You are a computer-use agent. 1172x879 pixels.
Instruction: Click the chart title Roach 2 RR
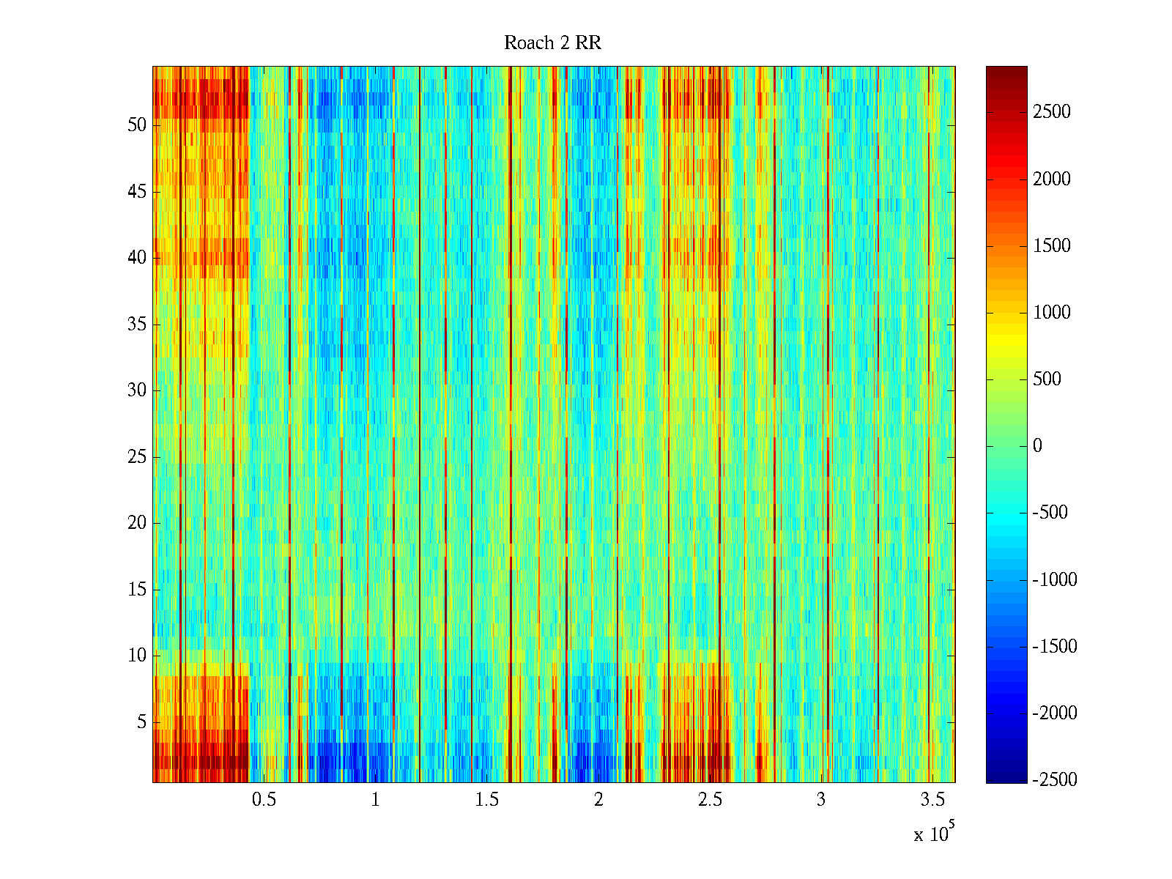(x=552, y=43)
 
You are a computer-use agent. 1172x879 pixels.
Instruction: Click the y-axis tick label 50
(x=137, y=125)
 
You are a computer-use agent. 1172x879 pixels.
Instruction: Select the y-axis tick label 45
(x=137, y=192)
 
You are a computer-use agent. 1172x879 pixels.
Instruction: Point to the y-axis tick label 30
(x=137, y=390)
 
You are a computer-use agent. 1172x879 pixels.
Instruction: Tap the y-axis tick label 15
(x=137, y=590)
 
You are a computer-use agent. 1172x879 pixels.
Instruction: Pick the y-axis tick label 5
(x=141, y=722)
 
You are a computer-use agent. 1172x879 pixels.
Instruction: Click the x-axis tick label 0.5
(x=264, y=800)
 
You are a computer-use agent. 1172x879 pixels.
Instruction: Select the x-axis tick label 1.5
(x=487, y=800)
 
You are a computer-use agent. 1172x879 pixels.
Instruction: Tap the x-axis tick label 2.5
(x=710, y=800)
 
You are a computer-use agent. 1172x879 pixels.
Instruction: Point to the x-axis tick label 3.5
(x=932, y=800)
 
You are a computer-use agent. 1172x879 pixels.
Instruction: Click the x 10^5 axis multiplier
(x=933, y=834)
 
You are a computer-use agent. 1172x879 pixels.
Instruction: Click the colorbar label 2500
(x=1052, y=112)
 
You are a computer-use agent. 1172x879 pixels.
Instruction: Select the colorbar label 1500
(x=1052, y=246)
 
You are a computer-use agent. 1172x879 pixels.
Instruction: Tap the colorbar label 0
(x=1037, y=446)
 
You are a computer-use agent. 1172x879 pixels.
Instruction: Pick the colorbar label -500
(x=1050, y=513)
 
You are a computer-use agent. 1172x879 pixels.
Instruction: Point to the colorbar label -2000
(x=1055, y=713)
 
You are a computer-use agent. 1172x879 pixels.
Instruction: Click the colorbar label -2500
(x=1055, y=779)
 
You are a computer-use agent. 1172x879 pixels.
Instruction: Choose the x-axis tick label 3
(x=821, y=800)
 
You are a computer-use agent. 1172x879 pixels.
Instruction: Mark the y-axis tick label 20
(x=137, y=523)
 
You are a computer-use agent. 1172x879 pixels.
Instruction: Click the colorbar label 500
(x=1047, y=379)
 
